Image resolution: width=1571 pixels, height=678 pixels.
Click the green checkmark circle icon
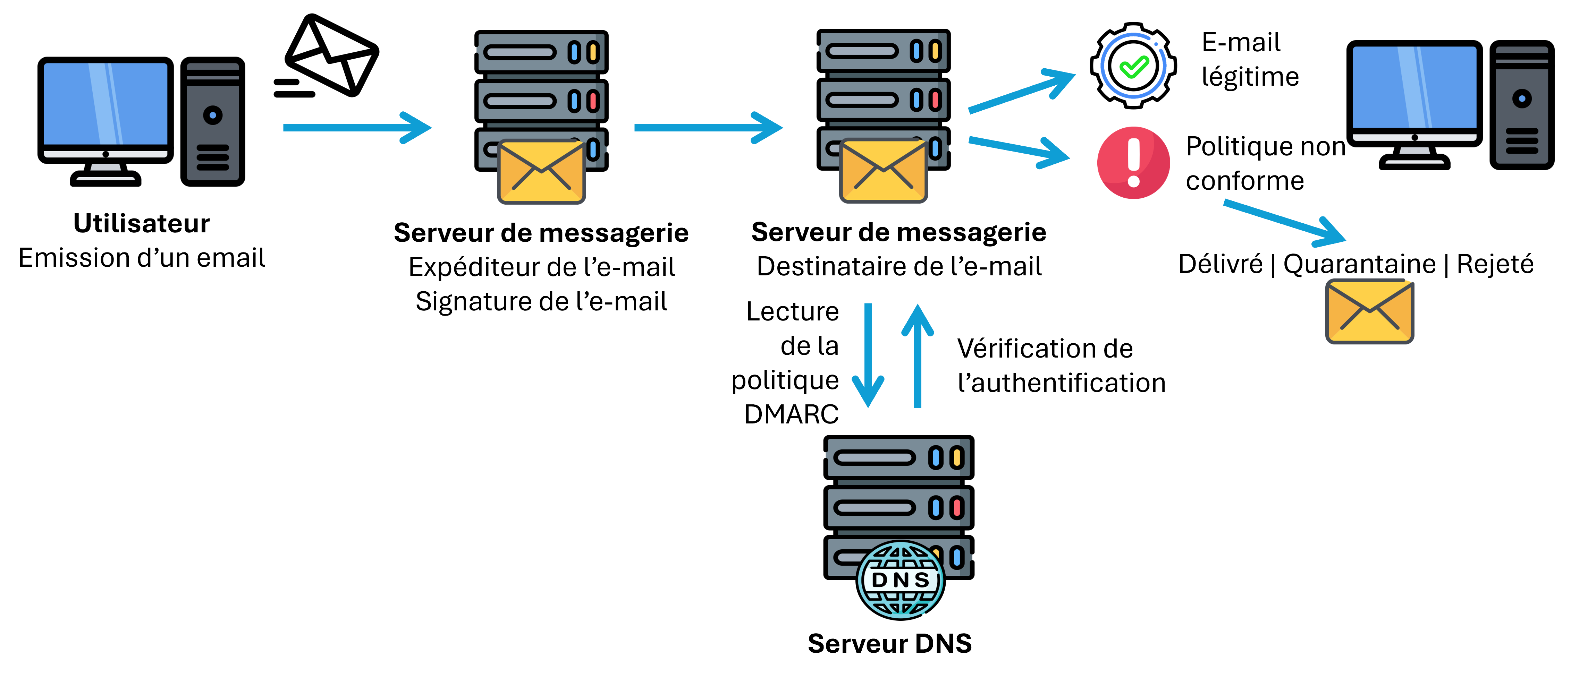point(1133,66)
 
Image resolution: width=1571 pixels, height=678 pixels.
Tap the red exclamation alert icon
point(1133,163)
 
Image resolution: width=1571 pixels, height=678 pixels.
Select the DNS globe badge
point(900,579)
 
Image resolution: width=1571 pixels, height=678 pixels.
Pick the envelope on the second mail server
point(883,171)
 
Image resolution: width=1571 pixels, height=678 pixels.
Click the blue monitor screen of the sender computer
point(105,104)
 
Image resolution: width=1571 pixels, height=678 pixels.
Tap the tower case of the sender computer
point(212,122)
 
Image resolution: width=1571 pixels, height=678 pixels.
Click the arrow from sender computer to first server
point(357,127)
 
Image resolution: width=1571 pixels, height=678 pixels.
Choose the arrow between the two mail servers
point(708,127)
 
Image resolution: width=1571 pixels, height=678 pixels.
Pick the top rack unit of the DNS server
point(898,457)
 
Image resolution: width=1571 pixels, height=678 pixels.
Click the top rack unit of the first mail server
point(541,52)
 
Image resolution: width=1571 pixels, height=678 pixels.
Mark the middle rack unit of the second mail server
point(883,100)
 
